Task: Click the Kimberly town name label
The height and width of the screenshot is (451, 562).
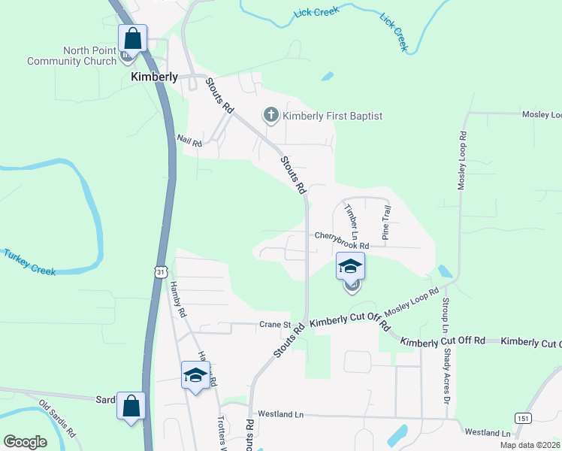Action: point(154,77)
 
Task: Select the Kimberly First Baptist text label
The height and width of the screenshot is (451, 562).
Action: point(333,116)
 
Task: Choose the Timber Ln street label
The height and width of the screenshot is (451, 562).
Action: point(351,222)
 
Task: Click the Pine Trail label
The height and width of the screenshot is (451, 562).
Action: point(386,223)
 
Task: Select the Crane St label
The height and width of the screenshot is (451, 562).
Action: point(275,325)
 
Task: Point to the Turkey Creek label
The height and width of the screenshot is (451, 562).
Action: point(28,263)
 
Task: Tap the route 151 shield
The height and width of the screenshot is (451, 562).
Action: point(524,417)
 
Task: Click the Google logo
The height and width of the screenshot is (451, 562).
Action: point(25,442)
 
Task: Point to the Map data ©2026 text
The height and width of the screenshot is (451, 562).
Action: point(530,445)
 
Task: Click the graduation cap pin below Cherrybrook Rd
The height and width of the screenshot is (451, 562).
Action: point(349,267)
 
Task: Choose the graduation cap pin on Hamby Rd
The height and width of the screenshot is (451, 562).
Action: point(195,375)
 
